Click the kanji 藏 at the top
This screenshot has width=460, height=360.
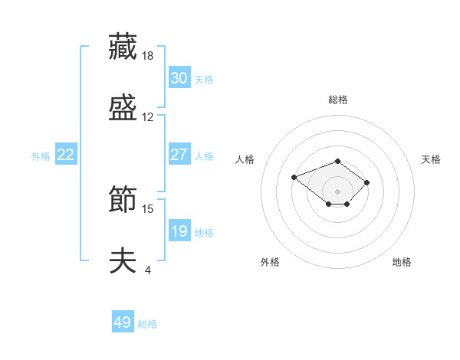click(123, 46)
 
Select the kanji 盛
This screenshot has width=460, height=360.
click(123, 107)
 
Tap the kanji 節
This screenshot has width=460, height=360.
click(123, 198)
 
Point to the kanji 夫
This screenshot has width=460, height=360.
click(123, 260)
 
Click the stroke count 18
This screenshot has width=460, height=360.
click(147, 56)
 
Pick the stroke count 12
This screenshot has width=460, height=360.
click(147, 117)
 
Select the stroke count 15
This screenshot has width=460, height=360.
click(147, 209)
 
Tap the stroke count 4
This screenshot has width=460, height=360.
click(148, 270)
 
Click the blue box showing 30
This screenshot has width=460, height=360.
click(179, 77)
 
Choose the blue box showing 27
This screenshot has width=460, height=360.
click(179, 154)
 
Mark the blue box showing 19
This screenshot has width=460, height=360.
click(179, 230)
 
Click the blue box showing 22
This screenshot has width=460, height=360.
click(66, 154)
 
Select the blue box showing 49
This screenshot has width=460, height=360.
click(123, 321)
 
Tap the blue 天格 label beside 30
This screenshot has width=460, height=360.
click(204, 80)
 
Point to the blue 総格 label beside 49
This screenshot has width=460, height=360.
click(147, 324)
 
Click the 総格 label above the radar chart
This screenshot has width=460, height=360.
click(338, 100)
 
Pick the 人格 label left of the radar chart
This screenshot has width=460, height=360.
click(245, 159)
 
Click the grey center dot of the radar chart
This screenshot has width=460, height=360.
click(337, 191)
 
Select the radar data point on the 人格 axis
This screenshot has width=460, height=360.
click(294, 177)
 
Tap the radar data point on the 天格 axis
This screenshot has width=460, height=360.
click(366, 182)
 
